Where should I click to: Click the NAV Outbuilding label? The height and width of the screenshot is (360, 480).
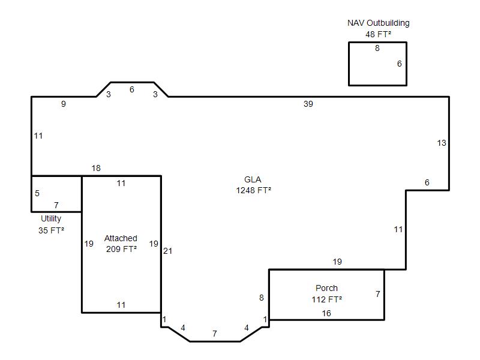(379, 23)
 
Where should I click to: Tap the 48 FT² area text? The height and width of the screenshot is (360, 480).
(378, 34)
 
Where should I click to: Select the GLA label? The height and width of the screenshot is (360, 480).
(253, 179)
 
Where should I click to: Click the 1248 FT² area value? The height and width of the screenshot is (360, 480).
(253, 190)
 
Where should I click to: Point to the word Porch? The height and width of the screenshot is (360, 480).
(326, 288)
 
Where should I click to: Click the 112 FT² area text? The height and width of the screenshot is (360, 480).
(326, 299)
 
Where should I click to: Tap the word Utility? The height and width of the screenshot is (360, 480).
(51, 218)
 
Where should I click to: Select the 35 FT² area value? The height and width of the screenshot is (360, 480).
(51, 230)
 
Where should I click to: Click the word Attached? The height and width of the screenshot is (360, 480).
(121, 238)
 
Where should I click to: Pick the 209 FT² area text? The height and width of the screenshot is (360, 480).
(121, 249)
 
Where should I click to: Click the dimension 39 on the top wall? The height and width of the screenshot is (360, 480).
(308, 104)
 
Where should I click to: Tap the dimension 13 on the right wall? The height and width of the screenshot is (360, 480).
(442, 143)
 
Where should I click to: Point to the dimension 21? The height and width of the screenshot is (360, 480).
(167, 251)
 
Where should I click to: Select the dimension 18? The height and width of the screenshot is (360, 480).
(96, 168)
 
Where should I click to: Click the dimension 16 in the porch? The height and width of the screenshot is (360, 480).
(326, 313)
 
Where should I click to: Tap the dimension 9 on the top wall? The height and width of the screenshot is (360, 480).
(64, 104)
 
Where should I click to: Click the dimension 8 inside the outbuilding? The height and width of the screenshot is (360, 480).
(377, 48)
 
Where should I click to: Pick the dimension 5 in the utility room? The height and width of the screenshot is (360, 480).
(37, 193)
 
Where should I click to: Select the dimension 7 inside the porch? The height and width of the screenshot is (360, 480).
(378, 294)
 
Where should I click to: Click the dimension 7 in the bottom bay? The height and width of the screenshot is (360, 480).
(215, 334)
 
